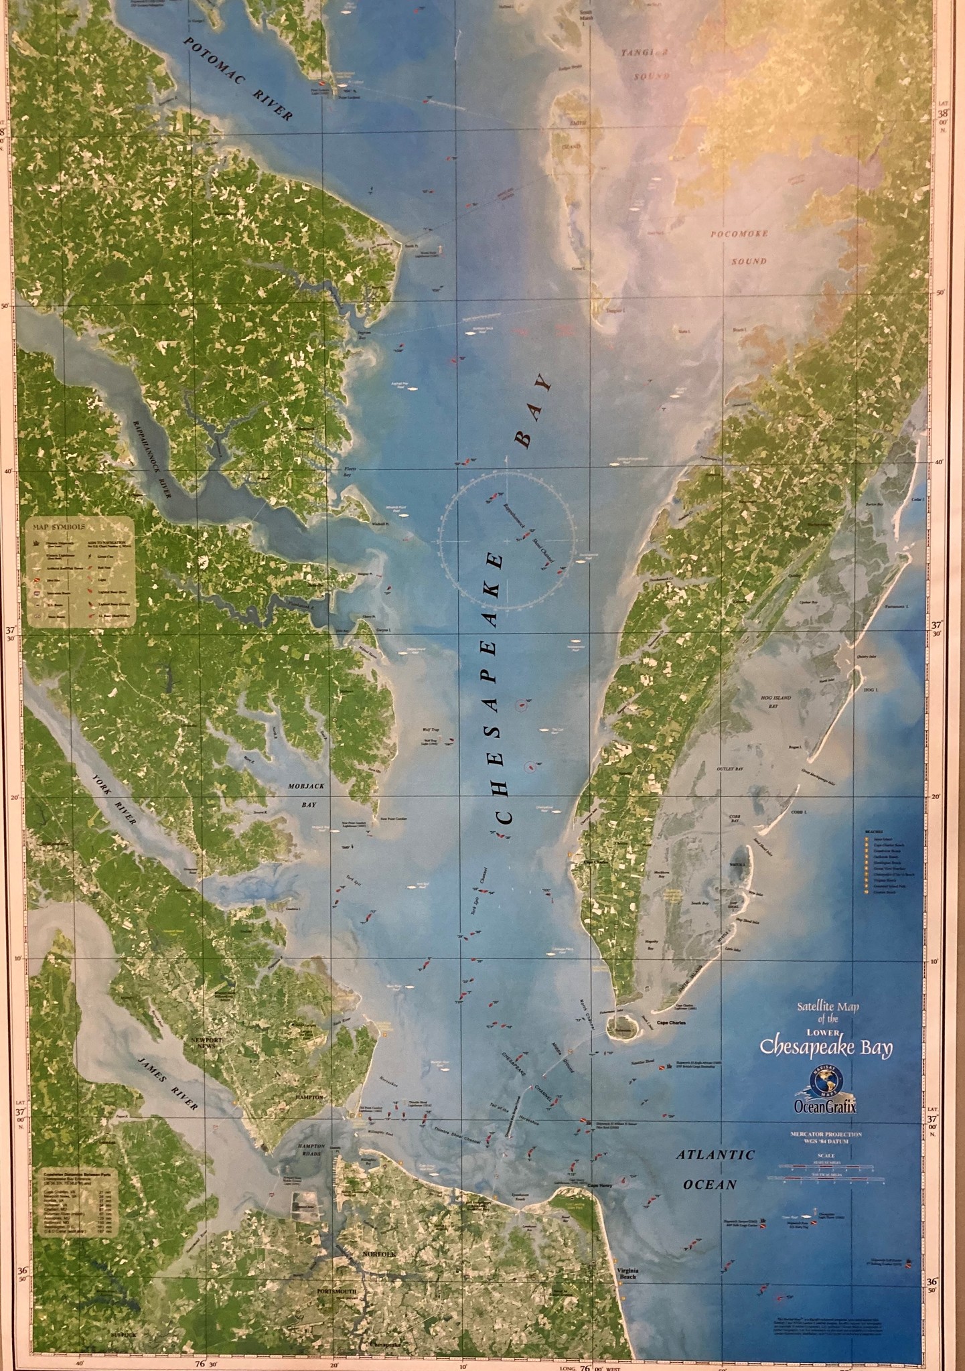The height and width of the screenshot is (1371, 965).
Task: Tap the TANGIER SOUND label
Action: click(x=645, y=65)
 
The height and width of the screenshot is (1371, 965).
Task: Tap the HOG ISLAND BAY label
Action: click(x=775, y=702)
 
